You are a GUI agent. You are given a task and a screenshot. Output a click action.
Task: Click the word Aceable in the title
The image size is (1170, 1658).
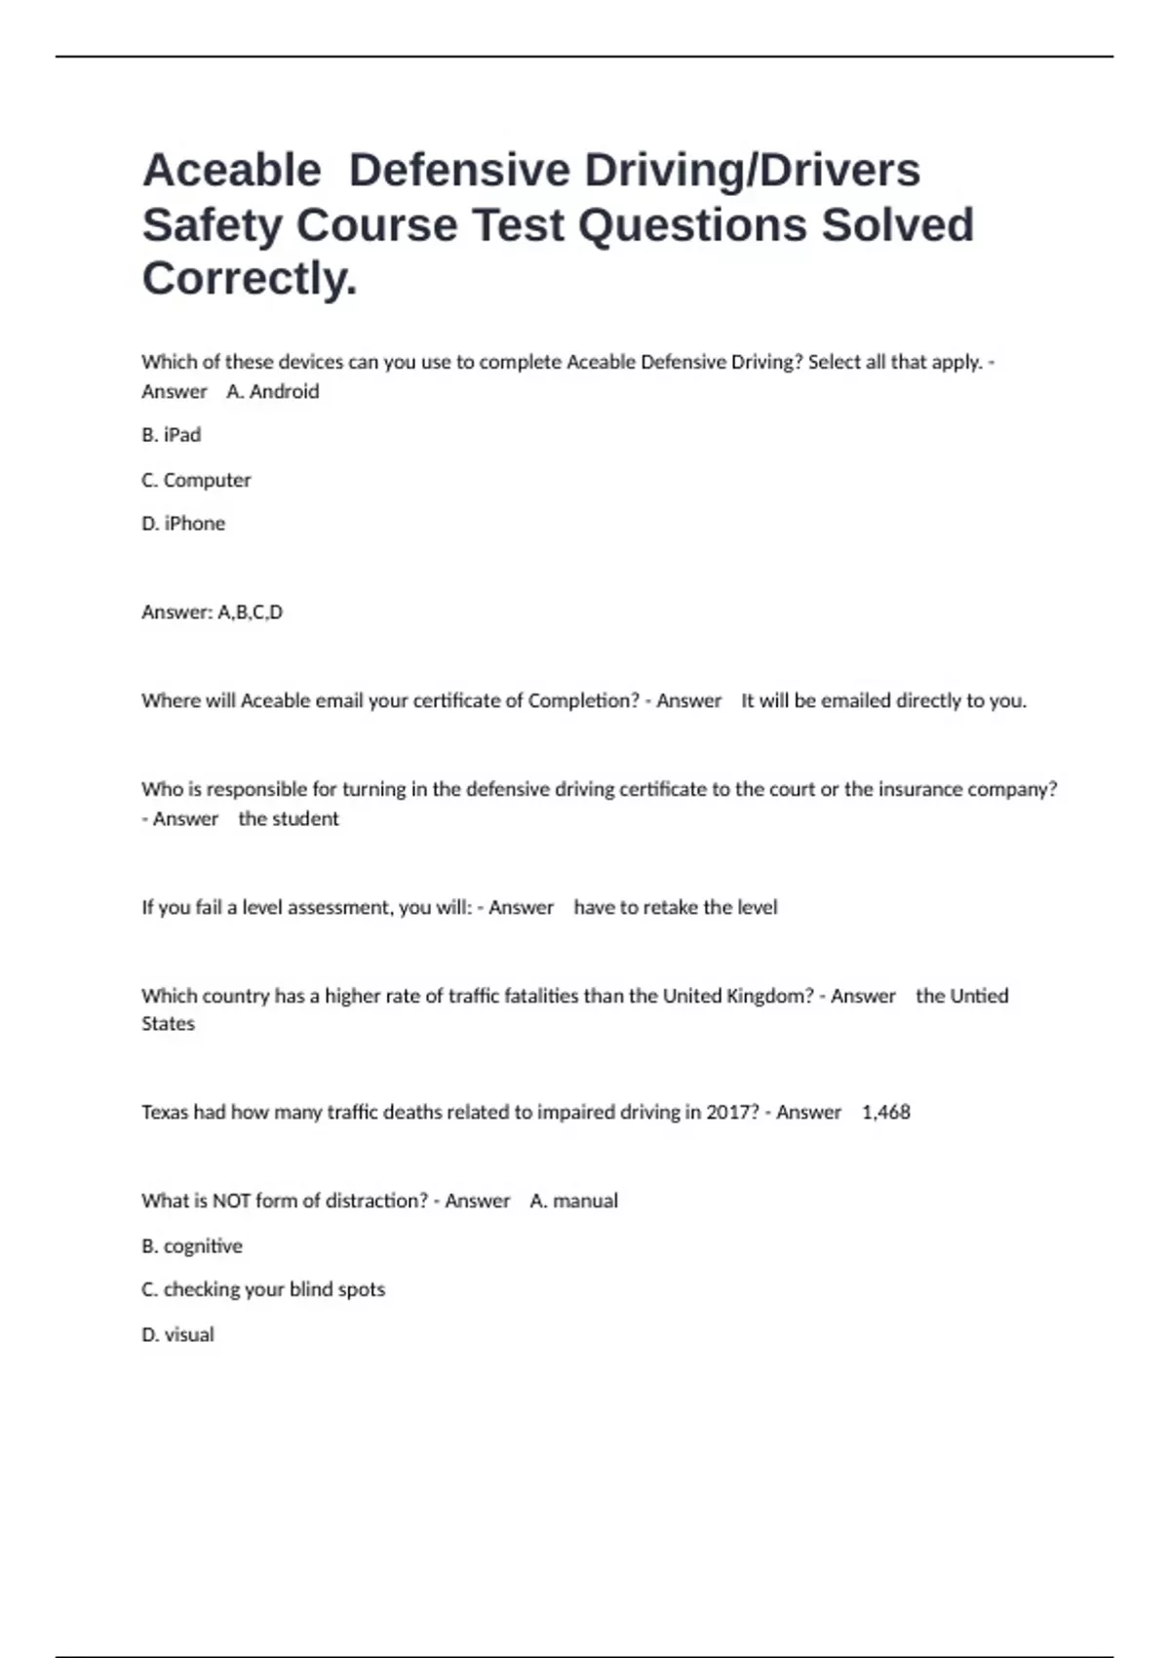[232, 171]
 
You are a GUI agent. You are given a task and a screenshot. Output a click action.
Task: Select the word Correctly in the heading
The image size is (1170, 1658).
[250, 279]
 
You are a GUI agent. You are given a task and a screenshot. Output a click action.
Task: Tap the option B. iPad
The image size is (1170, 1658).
[172, 435]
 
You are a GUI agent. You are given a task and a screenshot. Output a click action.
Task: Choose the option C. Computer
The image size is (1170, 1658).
[196, 480]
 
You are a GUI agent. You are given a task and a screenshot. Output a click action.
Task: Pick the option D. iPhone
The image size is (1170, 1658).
[183, 524]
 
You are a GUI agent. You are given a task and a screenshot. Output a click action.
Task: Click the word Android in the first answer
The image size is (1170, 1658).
[284, 391]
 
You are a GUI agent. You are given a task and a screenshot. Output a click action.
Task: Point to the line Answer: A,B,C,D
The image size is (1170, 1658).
[212, 612]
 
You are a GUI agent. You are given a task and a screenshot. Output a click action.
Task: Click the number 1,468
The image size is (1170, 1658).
[886, 1112]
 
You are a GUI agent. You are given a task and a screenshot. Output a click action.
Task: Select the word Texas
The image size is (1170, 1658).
[165, 1112]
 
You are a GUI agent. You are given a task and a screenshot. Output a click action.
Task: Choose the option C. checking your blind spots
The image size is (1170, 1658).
[263, 1289]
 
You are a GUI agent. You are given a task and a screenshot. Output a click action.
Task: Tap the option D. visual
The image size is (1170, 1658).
[177, 1334]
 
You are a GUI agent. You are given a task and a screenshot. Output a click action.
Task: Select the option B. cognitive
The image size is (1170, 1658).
[192, 1245]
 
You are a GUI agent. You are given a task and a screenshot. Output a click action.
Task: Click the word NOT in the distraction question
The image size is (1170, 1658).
[231, 1201]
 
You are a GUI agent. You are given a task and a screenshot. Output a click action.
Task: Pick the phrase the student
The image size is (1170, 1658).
[289, 819]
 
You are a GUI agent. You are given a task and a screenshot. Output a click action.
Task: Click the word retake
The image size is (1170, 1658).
[669, 907]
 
